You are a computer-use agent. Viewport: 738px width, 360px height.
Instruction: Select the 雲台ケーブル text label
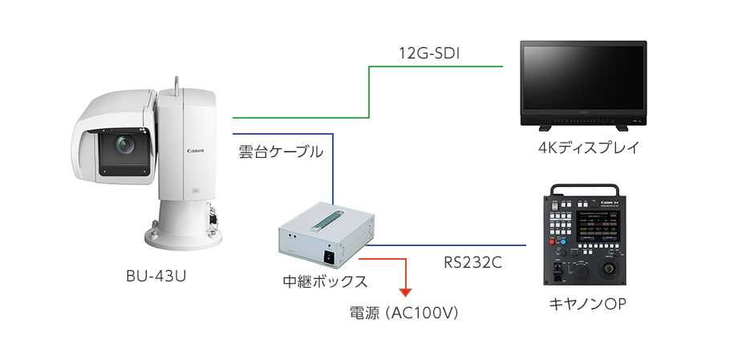click(281, 151)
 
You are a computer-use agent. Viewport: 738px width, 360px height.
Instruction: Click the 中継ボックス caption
click(325, 281)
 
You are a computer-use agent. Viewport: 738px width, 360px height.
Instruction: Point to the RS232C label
click(473, 261)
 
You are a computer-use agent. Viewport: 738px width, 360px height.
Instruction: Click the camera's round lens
click(124, 146)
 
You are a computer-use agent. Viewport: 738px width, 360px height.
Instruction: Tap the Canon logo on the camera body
click(196, 150)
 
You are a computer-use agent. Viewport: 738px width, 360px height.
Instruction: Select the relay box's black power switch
click(328, 257)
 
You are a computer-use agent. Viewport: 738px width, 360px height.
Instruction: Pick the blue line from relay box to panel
click(449, 245)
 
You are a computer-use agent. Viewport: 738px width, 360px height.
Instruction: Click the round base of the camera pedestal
click(184, 237)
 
